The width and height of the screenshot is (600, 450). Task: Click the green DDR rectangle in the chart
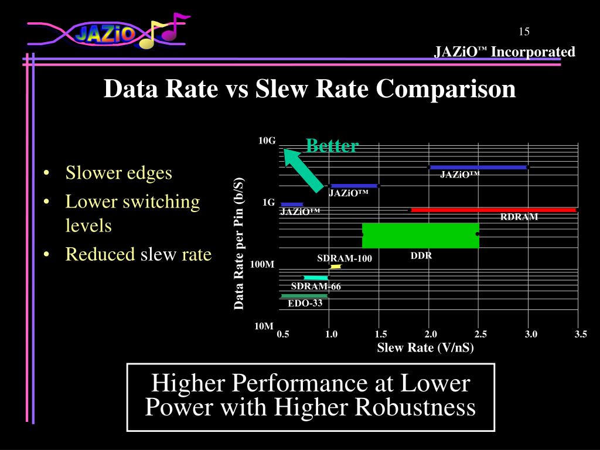tap(421, 235)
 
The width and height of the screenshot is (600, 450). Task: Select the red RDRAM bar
tap(493, 210)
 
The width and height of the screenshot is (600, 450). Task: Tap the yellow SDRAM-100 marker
tap(336, 267)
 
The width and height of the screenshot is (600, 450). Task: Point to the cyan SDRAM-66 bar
tap(316, 277)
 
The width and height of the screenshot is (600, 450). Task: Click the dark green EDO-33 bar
tap(304, 296)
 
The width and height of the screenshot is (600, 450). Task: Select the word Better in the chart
tap(332, 146)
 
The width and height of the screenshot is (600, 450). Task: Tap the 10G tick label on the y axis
tap(267, 141)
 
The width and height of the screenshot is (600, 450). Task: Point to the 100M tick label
tap(262, 264)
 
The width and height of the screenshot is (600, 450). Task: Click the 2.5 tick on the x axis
tap(480, 334)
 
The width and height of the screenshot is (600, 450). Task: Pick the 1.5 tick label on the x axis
tap(381, 334)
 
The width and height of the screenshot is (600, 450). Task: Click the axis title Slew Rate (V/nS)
tap(425, 347)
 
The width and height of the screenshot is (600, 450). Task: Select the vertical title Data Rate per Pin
tap(238, 243)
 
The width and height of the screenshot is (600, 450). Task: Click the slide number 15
tap(524, 32)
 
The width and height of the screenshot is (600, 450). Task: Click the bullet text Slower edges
tap(118, 173)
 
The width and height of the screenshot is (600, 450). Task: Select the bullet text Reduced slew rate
tap(138, 254)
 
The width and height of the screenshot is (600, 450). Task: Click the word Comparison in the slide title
tap(446, 89)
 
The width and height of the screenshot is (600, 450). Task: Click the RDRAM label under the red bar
tap(519, 217)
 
